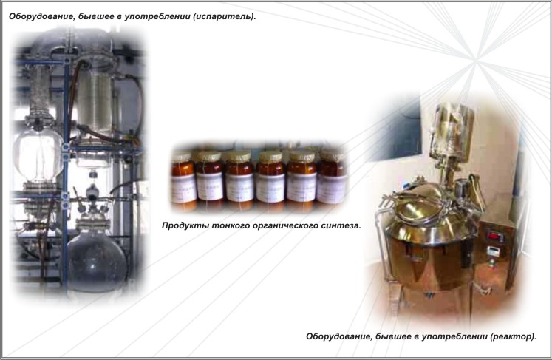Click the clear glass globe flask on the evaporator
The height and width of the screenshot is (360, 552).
point(38,154)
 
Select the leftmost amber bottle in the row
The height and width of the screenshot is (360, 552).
point(183,180)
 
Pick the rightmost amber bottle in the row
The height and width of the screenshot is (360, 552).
point(331,178)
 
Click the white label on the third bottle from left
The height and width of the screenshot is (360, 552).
point(239,188)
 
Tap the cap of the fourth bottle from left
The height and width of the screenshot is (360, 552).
point(270,157)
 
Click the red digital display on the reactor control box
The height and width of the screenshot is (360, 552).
point(495,236)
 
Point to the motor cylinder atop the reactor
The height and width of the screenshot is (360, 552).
point(452,130)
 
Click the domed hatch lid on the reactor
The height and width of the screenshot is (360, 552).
point(419,204)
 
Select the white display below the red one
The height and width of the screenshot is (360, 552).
point(493,251)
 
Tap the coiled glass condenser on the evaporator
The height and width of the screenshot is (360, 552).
point(95,102)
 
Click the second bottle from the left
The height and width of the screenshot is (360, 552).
point(209,180)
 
